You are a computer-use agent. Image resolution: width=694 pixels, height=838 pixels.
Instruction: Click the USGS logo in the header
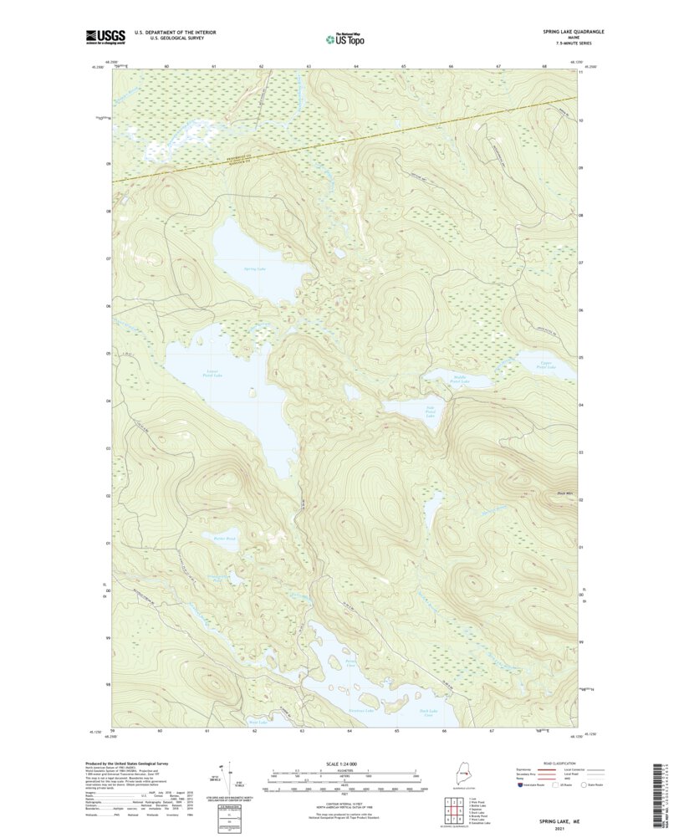(x=105, y=36)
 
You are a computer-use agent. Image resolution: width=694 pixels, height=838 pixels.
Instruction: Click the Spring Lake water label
(x=254, y=268)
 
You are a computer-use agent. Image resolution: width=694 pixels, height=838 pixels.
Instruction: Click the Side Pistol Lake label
(x=430, y=412)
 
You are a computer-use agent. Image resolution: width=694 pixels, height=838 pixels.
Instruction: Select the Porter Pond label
(x=225, y=539)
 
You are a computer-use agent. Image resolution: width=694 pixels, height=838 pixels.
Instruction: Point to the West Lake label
(x=258, y=722)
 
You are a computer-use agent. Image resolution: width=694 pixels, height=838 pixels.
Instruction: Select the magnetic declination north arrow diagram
(x=225, y=779)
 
